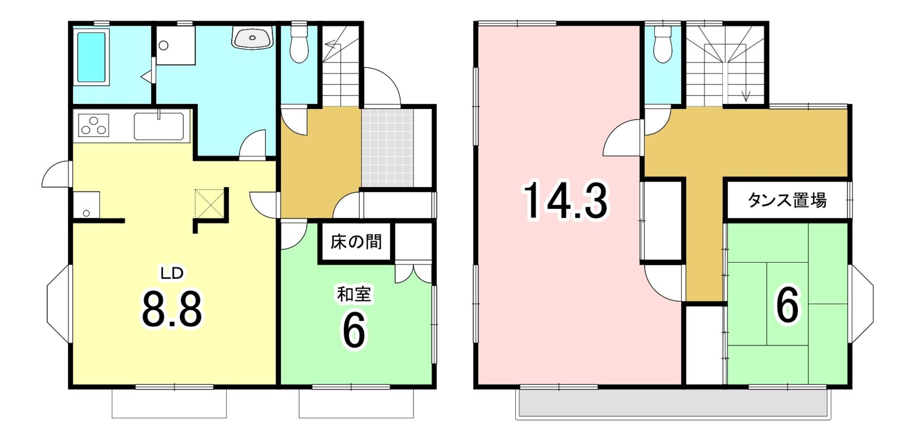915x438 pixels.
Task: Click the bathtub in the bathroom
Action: pyautogui.click(x=91, y=57)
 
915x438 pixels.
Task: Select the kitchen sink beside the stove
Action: pyautogui.click(x=159, y=126)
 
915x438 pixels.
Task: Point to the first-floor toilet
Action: pyautogui.click(x=299, y=44)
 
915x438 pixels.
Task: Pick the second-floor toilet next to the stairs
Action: pyautogui.click(x=663, y=44)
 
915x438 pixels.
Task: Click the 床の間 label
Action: pyautogui.click(x=356, y=242)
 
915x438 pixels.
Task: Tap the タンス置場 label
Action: pyautogui.click(x=787, y=200)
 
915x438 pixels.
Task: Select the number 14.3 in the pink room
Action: pyautogui.click(x=566, y=200)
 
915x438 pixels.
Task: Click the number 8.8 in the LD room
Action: pyautogui.click(x=172, y=309)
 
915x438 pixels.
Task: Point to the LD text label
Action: pyautogui.click(x=172, y=273)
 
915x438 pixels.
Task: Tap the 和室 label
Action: pyautogui.click(x=354, y=294)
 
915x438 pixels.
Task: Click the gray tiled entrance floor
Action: pyautogui.click(x=387, y=147)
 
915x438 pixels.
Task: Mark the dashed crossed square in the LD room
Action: pyautogui.click(x=209, y=204)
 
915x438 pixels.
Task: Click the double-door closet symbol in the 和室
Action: pyautogui.click(x=414, y=274)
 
